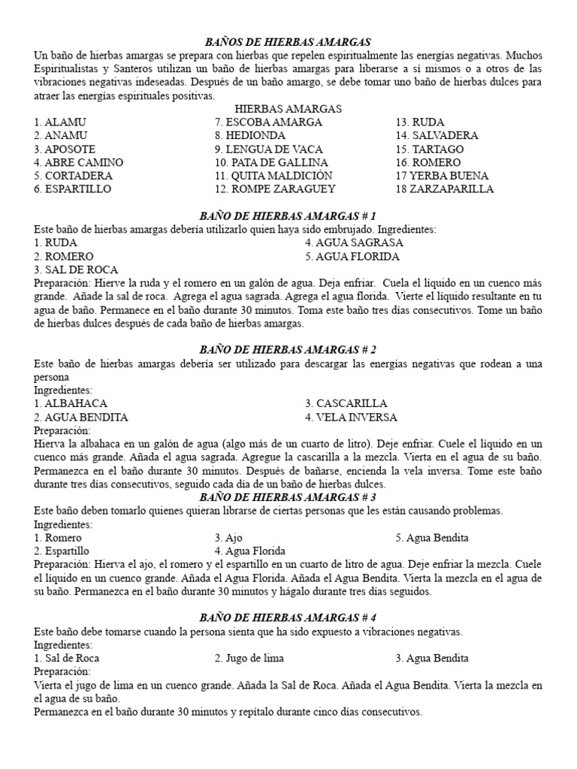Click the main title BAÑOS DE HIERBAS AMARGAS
tap(288, 43)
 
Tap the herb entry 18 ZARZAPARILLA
tap(441, 189)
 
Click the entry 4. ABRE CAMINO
tap(78, 162)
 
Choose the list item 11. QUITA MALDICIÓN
tap(273, 176)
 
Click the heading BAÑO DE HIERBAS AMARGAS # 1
tap(288, 216)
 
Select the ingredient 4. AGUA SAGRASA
tap(354, 243)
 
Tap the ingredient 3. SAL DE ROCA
tap(75, 270)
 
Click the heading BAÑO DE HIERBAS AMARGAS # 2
tap(288, 350)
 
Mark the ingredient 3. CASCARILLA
tap(346, 403)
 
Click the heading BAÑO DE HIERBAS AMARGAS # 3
tap(288, 497)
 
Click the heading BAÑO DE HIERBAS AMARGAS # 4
tap(288, 617)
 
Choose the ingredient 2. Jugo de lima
tap(249, 658)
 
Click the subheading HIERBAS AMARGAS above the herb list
tap(288, 109)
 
